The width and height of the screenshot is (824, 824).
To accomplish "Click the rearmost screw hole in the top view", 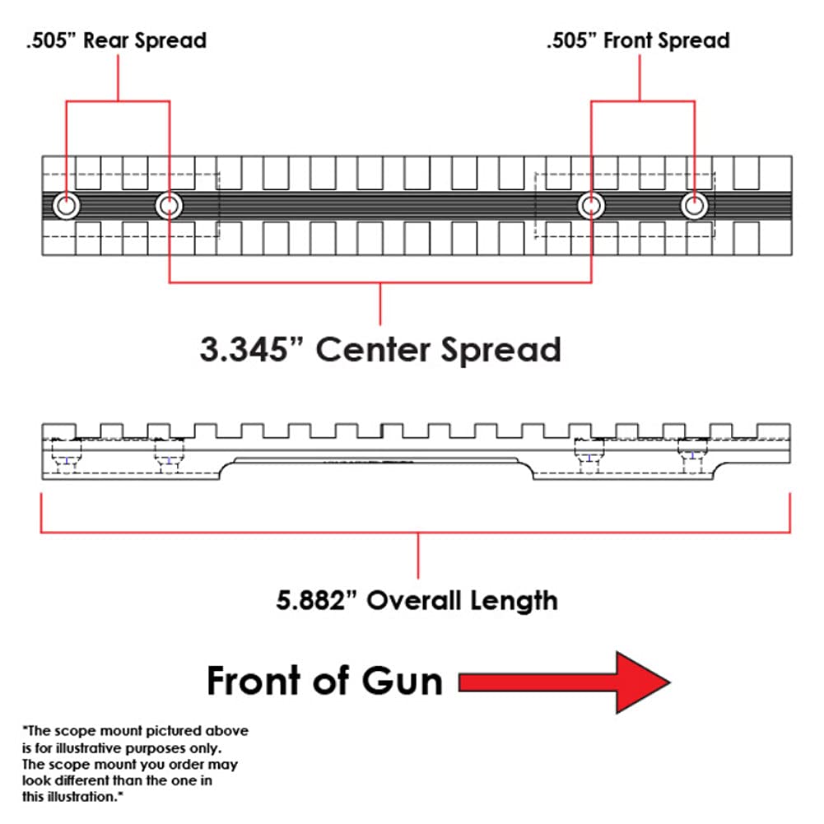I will (x=66, y=205).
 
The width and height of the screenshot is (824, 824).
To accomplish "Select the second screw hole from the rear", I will (x=169, y=205).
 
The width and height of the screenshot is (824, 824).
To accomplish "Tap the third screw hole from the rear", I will (x=591, y=205).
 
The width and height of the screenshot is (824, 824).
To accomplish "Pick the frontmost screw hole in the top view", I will (x=694, y=205).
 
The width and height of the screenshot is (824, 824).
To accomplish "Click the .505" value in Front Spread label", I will (x=571, y=40).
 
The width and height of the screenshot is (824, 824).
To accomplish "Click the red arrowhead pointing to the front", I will (x=642, y=682).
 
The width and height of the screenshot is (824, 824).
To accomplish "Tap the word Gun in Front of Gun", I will (x=403, y=682).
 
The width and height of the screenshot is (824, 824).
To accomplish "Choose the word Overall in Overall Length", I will (x=414, y=600).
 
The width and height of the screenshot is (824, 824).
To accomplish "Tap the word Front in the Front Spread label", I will (x=631, y=40).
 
